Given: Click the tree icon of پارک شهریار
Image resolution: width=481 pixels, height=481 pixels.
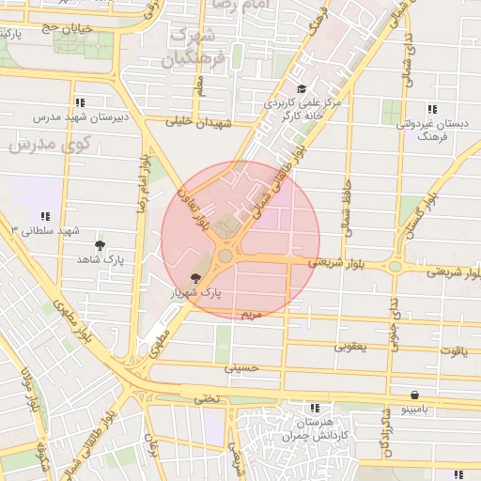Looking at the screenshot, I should click(195, 278).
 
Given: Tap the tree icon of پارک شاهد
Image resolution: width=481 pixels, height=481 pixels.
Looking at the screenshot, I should click(100, 246).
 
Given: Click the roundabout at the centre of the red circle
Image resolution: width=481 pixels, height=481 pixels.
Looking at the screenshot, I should click(225, 256).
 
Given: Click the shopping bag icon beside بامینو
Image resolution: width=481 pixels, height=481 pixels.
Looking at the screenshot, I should click(414, 396).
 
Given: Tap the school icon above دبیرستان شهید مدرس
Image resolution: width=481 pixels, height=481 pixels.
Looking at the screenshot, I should click(80, 102).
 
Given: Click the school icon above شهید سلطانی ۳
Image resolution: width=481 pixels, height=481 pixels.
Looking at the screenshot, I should click(45, 216).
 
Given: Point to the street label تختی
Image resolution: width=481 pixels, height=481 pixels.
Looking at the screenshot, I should click(205, 398).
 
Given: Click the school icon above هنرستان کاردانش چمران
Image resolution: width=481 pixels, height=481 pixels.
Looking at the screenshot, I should click(315, 408).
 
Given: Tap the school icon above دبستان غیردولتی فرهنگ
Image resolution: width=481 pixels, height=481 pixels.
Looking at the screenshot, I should click(431, 108).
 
